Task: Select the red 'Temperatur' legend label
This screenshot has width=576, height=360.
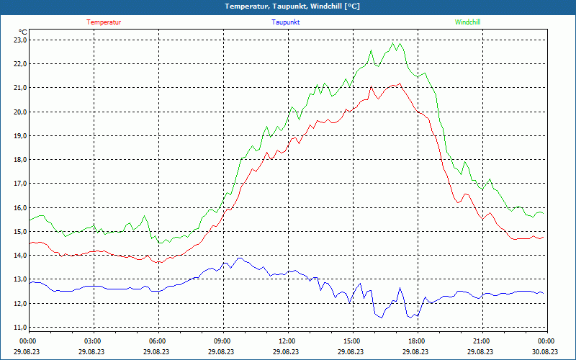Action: point(104,22)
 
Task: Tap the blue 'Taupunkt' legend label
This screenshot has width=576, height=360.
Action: point(286,22)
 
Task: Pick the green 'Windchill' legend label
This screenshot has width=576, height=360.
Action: point(467,22)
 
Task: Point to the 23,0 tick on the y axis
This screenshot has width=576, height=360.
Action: point(19,40)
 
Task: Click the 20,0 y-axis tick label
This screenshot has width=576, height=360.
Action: point(19,112)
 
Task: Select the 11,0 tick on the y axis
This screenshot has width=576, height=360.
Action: point(19,328)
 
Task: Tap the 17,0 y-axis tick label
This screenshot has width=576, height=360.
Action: point(19,184)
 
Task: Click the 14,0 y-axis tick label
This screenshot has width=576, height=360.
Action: point(19,256)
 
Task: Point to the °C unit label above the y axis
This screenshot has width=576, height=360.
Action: point(23,32)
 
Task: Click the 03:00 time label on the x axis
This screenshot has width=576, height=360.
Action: point(93,341)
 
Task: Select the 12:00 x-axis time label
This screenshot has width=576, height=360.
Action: point(287,341)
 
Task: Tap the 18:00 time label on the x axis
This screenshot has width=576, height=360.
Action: point(417,341)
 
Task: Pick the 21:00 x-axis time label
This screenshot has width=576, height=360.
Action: point(482,341)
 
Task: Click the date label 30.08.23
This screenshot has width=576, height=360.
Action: point(545,352)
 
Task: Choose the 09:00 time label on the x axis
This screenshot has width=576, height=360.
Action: point(222,341)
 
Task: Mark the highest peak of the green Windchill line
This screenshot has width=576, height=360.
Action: point(393,43)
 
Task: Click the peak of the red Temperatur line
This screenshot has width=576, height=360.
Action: point(400,83)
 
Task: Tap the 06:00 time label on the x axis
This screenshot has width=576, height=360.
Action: point(158,341)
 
